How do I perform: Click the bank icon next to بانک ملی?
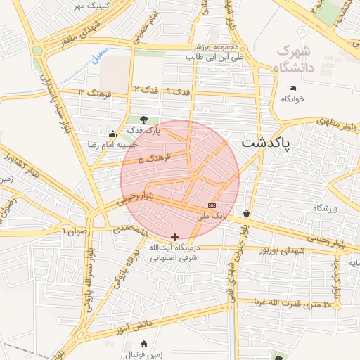click(x=212, y=205)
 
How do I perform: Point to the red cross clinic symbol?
click(x=174, y=237)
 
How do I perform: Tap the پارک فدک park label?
click(x=144, y=131)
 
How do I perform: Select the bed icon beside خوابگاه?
click(x=293, y=88)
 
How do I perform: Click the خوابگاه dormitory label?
click(x=293, y=99)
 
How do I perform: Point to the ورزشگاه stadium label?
click(x=326, y=209)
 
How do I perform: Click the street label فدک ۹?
click(x=178, y=91)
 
